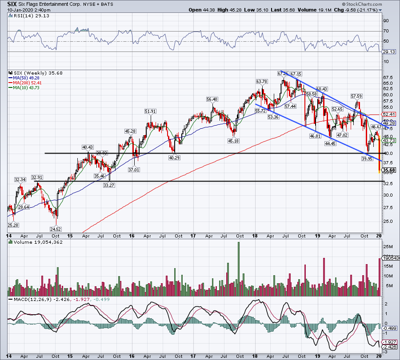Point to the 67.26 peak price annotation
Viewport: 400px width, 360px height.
283,73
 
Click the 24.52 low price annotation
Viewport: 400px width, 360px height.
56,229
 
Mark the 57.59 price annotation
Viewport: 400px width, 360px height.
356,96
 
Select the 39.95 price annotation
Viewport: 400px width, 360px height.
367,158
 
